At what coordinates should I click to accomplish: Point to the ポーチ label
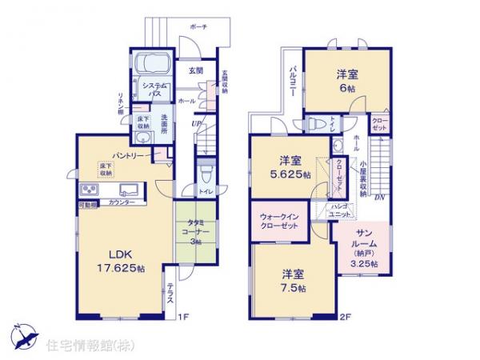click(x=198, y=26)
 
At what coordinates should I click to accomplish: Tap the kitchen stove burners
click(x=89, y=190)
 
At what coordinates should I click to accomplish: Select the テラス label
click(x=171, y=298)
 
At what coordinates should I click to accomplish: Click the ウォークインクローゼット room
click(x=280, y=221)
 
